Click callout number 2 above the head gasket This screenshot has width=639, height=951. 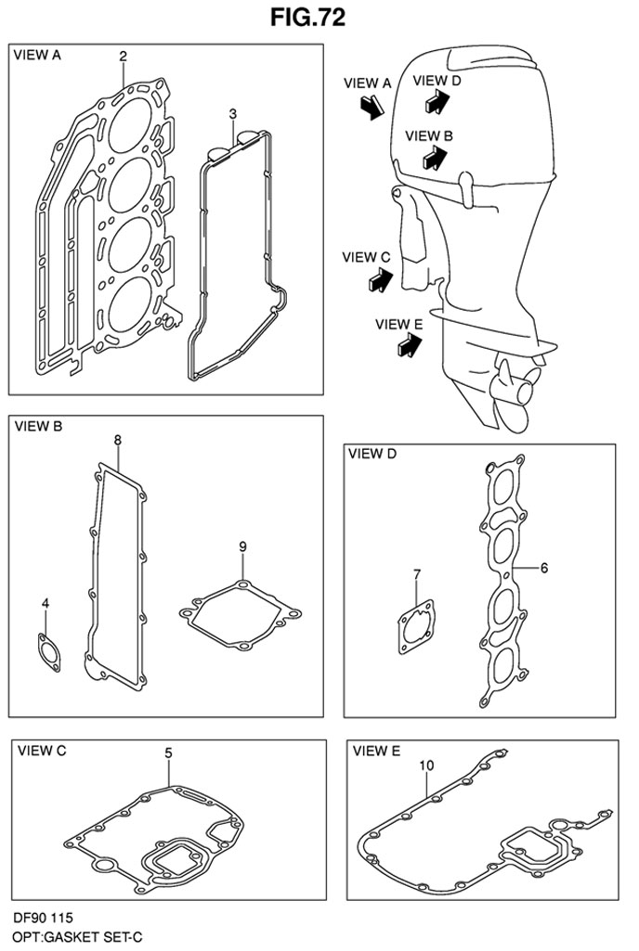coord(123,57)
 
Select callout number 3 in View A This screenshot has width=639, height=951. coord(232,114)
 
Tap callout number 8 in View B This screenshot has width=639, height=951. coord(117,440)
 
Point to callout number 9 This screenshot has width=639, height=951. coord(242,546)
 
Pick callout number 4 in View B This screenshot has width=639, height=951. coord(46,603)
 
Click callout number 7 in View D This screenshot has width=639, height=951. coord(417,573)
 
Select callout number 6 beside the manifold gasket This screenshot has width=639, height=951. coord(543,569)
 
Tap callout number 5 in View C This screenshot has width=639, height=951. coord(168,752)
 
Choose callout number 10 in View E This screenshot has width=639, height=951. coord(426,765)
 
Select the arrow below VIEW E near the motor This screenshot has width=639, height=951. coord(411,346)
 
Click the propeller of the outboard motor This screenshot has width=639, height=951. coord(516,392)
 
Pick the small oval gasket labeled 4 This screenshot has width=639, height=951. coord(49,652)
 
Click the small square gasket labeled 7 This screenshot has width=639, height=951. coord(417,626)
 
